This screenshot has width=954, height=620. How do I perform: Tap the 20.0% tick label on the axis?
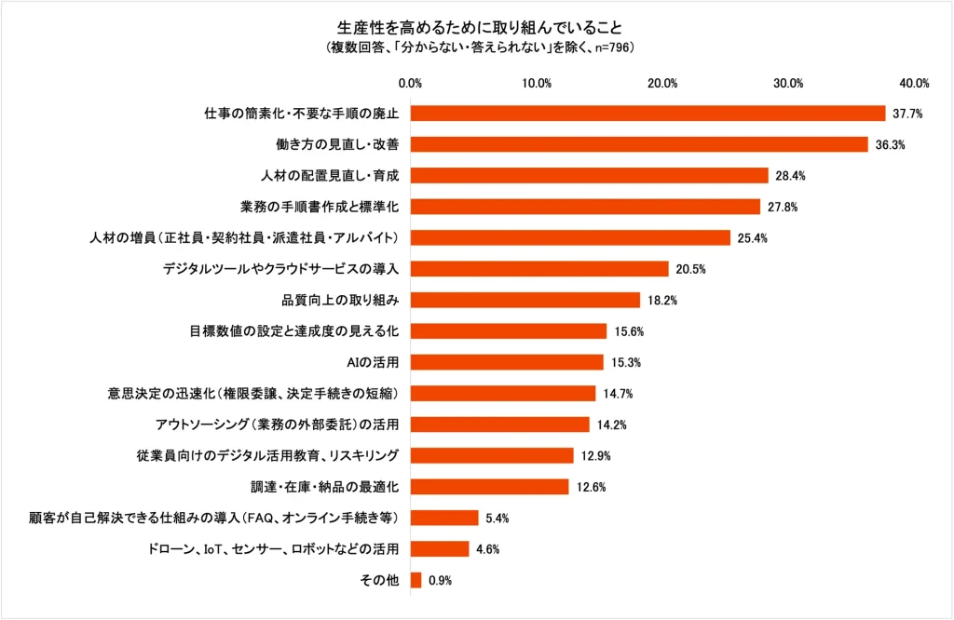pos(662,83)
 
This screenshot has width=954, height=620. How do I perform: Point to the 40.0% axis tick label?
pos(914,83)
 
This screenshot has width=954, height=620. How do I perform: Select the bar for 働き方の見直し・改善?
pos(639,144)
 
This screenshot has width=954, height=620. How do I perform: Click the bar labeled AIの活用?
pos(507,362)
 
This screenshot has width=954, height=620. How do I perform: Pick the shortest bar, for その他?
pos(416,580)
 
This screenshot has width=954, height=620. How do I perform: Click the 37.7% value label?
pos(906,114)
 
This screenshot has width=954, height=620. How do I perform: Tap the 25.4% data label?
pos(752,237)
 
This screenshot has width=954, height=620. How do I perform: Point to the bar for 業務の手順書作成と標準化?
pos(585,207)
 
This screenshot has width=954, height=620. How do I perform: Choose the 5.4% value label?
pos(499,518)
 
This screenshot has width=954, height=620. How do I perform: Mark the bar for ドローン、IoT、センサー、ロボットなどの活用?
pos(440,548)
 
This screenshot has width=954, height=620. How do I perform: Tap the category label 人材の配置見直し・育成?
pos(329,175)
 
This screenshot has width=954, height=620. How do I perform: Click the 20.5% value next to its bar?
pos(690,269)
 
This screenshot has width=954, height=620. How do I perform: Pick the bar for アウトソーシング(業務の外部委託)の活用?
pos(500,425)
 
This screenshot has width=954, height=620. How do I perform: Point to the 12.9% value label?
pos(594,455)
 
